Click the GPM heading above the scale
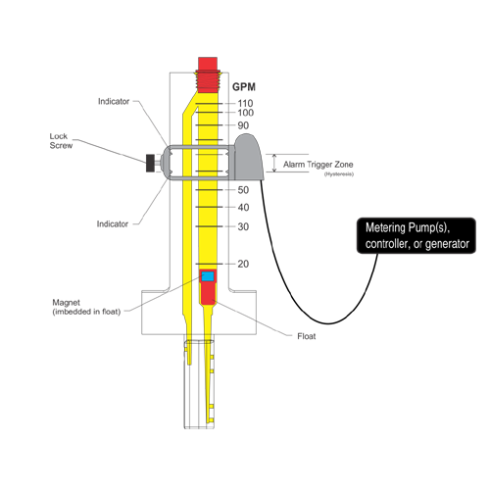[x=244, y=87]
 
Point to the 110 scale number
[x=245, y=103]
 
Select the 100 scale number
[x=246, y=113]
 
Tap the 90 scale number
[x=243, y=125]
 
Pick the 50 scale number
[x=243, y=190]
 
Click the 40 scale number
[x=243, y=207]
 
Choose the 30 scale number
[x=243, y=226]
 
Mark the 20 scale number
[x=243, y=264]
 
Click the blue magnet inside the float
[x=208, y=276]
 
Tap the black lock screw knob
[x=150, y=163]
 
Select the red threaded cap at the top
[x=208, y=75]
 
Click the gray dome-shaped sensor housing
[x=249, y=157]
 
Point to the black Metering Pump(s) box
[x=416, y=235]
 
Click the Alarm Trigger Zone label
[x=318, y=165]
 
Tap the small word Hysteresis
[x=339, y=174]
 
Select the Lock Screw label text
[x=61, y=141]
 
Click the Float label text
[x=307, y=336]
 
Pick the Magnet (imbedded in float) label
[x=86, y=307]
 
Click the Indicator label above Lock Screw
[x=114, y=101]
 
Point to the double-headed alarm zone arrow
[x=274, y=163]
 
